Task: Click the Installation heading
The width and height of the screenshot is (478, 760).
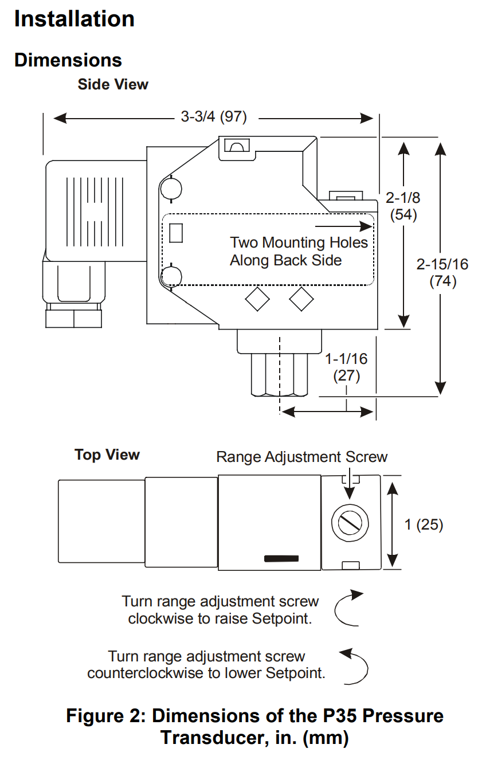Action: tap(74, 19)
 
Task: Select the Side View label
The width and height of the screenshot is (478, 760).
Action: tap(113, 84)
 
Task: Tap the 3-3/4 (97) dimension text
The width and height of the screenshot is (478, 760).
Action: tap(214, 117)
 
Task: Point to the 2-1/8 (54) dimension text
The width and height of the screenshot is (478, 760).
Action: tap(403, 206)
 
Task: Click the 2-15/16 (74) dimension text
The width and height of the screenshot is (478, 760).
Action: tap(442, 273)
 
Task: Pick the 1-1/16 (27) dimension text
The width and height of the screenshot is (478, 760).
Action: tap(346, 367)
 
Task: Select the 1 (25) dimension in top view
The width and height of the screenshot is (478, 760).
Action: tap(424, 524)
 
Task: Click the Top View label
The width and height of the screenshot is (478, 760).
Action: tap(107, 455)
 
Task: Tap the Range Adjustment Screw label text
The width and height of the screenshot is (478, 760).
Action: tap(301, 457)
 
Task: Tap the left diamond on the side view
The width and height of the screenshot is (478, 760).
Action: tap(257, 299)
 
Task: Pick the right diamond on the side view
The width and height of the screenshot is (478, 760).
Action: tap(301, 299)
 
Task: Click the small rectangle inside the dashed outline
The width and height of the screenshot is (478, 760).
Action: tap(177, 233)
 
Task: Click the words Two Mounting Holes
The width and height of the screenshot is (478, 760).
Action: tap(299, 242)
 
